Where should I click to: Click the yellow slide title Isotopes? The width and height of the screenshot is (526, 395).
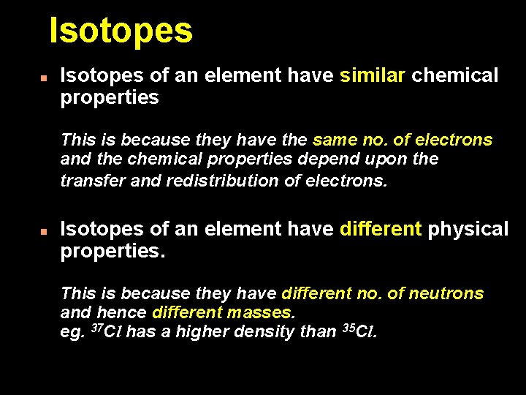tap(121, 31)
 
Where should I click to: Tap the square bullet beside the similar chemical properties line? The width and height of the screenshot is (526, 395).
tap(44, 76)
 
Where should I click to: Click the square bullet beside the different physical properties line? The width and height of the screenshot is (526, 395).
tap(44, 230)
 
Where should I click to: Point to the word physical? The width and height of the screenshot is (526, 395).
tap(468, 230)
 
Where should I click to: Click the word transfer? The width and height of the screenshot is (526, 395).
tap(93, 180)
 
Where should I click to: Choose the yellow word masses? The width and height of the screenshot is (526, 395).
tap(261, 313)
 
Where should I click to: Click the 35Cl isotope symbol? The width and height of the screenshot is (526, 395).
tap(359, 331)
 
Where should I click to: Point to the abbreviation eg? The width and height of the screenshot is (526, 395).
tap(72, 334)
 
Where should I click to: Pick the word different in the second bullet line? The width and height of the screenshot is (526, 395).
tap(381, 230)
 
